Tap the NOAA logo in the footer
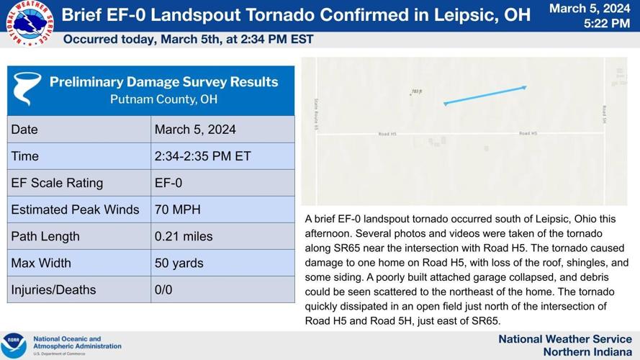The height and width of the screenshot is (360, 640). (x=14, y=345)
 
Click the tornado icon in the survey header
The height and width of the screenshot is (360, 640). (x=28, y=89)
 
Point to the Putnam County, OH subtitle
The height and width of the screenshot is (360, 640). (x=163, y=99)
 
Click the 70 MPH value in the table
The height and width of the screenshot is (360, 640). (x=178, y=210)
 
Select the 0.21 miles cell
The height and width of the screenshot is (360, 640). (x=184, y=236)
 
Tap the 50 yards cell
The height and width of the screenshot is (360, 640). (x=179, y=263)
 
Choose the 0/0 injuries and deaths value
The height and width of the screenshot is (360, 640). (x=163, y=289)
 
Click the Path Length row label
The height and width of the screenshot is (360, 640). (x=45, y=236)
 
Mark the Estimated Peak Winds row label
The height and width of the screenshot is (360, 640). (x=75, y=210)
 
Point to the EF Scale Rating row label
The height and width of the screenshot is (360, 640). (x=57, y=183)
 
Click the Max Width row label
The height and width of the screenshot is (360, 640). (x=41, y=263)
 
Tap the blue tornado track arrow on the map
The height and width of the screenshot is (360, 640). (x=485, y=95)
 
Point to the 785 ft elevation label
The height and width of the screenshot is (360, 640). (x=415, y=92)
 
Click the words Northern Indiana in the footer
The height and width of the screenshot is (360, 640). (x=587, y=351)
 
